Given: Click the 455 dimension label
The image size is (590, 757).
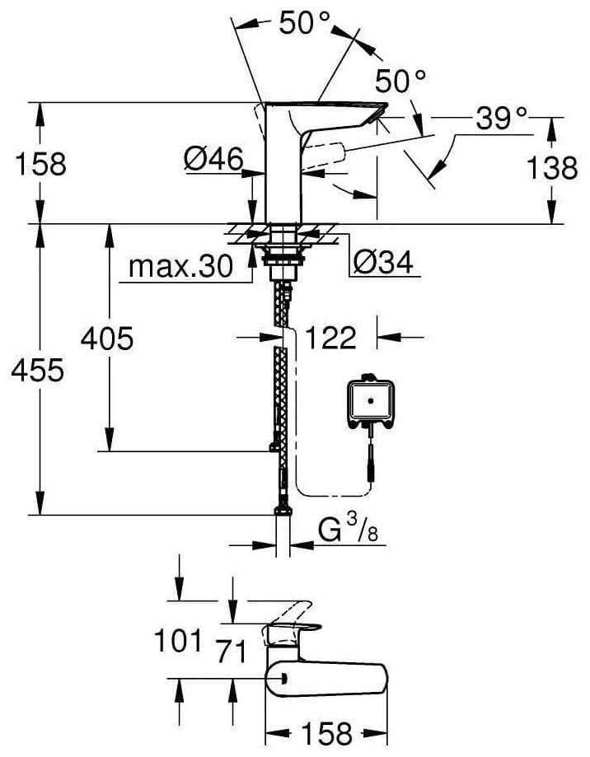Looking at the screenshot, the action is [38, 371].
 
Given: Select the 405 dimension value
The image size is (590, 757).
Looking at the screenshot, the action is [106, 339].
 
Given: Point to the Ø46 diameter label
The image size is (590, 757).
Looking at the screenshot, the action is [213, 159].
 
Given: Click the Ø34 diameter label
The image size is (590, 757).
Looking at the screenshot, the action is [383, 263].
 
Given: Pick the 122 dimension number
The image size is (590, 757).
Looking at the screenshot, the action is [331, 338].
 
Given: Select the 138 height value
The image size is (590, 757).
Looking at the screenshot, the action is [551, 168].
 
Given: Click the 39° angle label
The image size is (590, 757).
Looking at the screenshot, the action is [501, 119].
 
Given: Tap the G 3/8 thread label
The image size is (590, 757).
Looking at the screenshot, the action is [348, 529].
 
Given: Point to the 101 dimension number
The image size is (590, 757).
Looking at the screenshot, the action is [178, 642].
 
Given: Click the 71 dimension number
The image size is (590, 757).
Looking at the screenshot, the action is [232, 652].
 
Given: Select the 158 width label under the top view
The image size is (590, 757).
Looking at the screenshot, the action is [327, 734].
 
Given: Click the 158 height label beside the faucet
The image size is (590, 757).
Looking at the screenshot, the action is [40, 163].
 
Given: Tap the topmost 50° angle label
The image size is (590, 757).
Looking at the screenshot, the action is [304, 22].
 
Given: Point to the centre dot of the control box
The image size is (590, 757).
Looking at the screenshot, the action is [371, 400].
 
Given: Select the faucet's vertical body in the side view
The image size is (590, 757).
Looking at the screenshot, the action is [283, 164].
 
